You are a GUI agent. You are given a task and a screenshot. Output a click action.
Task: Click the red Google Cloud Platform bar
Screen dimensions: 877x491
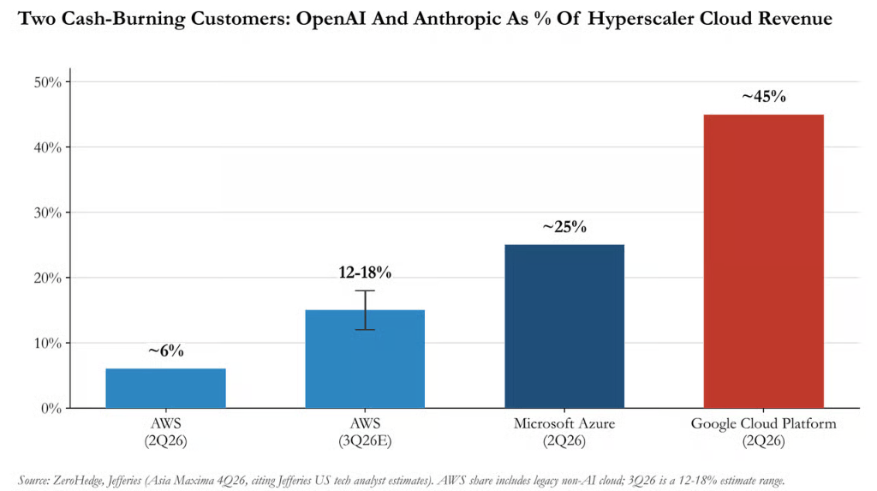click(x=763, y=260)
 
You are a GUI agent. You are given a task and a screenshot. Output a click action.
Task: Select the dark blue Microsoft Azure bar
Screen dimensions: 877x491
click(x=564, y=326)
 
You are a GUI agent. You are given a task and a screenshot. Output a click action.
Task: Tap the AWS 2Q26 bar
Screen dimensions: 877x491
click(x=165, y=388)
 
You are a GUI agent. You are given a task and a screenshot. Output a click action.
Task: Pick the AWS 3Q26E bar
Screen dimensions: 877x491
click(x=365, y=359)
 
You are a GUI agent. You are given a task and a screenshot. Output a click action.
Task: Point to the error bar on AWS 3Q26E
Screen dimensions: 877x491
click(x=365, y=310)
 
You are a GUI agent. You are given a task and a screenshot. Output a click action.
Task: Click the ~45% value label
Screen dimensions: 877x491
click(x=763, y=97)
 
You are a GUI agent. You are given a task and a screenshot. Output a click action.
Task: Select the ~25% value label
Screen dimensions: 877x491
click(x=564, y=227)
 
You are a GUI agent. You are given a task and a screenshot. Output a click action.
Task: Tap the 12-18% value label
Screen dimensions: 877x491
click(x=365, y=272)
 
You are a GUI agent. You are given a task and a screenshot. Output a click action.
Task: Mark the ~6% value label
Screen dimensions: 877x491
click(x=165, y=351)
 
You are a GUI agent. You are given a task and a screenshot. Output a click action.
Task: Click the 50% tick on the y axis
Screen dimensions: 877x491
click(x=48, y=82)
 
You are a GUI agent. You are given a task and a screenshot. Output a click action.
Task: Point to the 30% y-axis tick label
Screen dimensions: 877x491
click(x=48, y=213)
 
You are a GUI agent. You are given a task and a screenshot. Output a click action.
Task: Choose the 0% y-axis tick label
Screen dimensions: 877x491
click(x=51, y=409)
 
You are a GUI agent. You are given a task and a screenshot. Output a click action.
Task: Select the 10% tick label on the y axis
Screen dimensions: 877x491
click(x=48, y=344)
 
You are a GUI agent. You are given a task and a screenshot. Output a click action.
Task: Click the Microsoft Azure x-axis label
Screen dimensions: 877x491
click(x=564, y=424)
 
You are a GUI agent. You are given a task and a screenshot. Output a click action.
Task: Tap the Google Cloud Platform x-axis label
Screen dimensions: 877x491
click(x=763, y=424)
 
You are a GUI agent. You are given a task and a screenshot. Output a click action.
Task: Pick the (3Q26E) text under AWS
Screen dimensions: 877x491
click(x=365, y=441)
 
